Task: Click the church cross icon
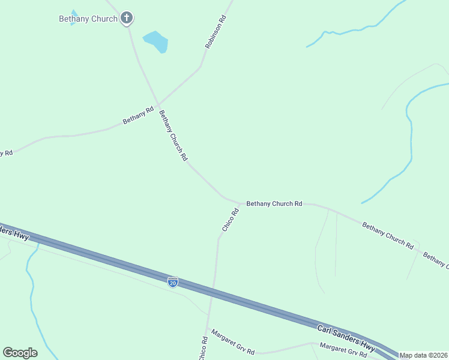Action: pos(127,18)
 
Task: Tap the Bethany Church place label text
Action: pos(88,19)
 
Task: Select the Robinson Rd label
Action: pos(216,32)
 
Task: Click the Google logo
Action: pos(20,353)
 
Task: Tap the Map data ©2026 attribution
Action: pos(424,355)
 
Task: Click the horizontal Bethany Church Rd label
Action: pos(274,204)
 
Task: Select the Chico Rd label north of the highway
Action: pos(230,220)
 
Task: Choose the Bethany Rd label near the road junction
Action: pos(138,115)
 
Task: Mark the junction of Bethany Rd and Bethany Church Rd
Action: pos(158,106)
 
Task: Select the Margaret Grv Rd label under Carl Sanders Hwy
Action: pos(343,350)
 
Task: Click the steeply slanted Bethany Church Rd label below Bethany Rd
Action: pos(173,135)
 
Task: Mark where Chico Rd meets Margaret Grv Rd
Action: pos(207,329)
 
